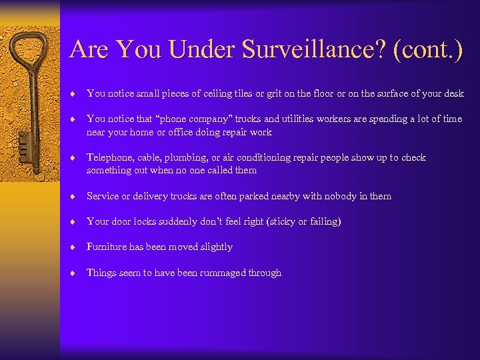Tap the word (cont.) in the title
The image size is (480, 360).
click(x=428, y=50)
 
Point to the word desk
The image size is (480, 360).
click(x=453, y=93)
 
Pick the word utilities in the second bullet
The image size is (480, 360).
click(x=300, y=119)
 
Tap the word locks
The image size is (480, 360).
click(x=147, y=221)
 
